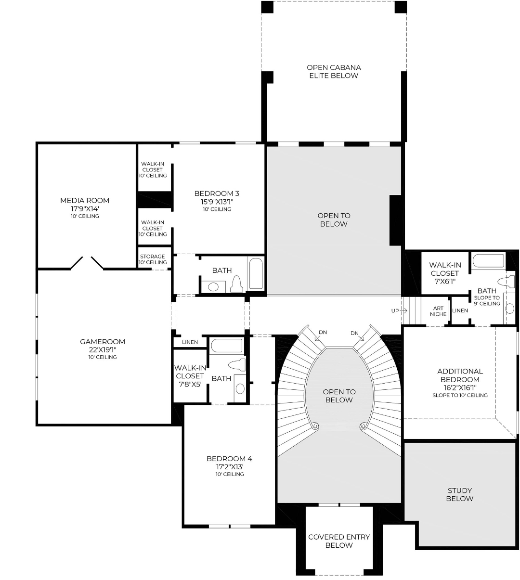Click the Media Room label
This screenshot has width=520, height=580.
click(85, 200)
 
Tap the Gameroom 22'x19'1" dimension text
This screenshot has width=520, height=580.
click(103, 350)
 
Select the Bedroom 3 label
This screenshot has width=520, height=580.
click(217, 193)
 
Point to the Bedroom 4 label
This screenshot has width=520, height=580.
click(229, 459)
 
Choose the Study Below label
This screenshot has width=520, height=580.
click(460, 494)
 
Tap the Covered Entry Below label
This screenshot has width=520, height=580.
click(339, 541)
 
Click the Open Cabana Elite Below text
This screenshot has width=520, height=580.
click(334, 72)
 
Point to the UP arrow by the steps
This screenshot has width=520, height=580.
click(404, 310)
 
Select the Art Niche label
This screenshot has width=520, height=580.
click(438, 311)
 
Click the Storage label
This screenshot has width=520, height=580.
click(153, 257)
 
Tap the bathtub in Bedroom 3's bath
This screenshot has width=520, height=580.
click(256, 274)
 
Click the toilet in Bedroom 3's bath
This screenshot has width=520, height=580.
click(237, 284)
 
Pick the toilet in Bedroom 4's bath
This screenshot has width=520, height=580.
click(237, 365)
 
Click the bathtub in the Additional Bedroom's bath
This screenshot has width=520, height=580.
click(488, 260)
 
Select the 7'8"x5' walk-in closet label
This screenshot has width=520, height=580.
click(190, 376)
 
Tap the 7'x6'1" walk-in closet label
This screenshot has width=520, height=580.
click(445, 273)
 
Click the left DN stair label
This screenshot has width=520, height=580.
click(323, 333)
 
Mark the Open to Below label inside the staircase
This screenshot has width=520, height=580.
click(339, 396)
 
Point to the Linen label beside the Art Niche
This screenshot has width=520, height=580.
click(460, 310)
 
